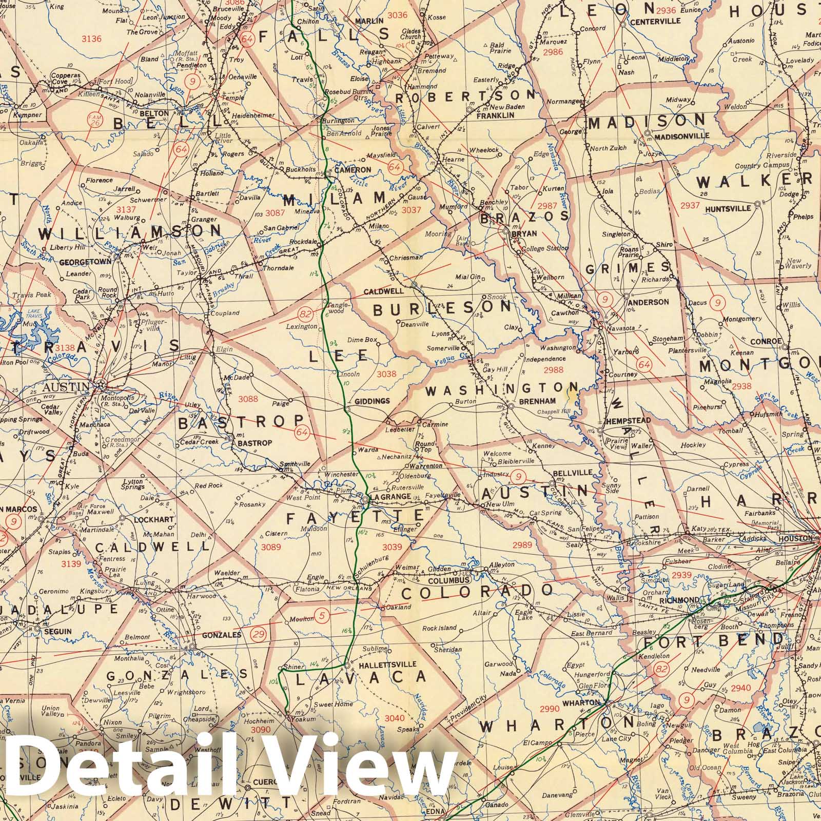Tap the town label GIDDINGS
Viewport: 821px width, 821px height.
pos(369,401)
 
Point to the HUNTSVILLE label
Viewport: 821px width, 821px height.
pos(727,209)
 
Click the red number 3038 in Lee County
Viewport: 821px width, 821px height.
pos(386,374)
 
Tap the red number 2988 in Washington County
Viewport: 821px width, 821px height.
pos(553,369)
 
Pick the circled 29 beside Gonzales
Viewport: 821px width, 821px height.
pos(259,635)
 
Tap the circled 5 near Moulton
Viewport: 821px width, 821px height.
pos(322,615)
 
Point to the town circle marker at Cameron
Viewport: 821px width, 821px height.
pos(328,175)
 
